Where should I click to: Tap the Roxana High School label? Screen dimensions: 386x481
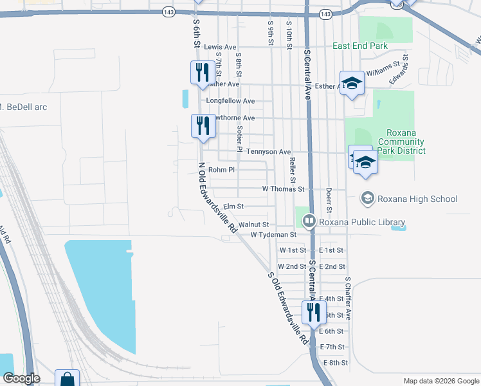(x=417, y=199)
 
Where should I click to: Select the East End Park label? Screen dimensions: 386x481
(x=360, y=46)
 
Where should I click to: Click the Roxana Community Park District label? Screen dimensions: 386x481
(x=401, y=142)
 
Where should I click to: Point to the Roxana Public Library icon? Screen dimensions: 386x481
(x=309, y=222)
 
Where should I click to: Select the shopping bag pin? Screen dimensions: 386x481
(x=67, y=380)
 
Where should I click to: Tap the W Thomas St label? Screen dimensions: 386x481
(x=283, y=189)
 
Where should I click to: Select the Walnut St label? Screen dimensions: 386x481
(x=253, y=225)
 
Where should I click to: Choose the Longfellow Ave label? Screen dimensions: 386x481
(x=230, y=101)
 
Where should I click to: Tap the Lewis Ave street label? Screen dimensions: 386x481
(x=221, y=47)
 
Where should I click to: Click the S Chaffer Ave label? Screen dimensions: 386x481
(x=348, y=299)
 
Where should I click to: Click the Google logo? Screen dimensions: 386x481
(x=22, y=378)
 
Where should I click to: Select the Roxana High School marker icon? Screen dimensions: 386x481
(x=367, y=198)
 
